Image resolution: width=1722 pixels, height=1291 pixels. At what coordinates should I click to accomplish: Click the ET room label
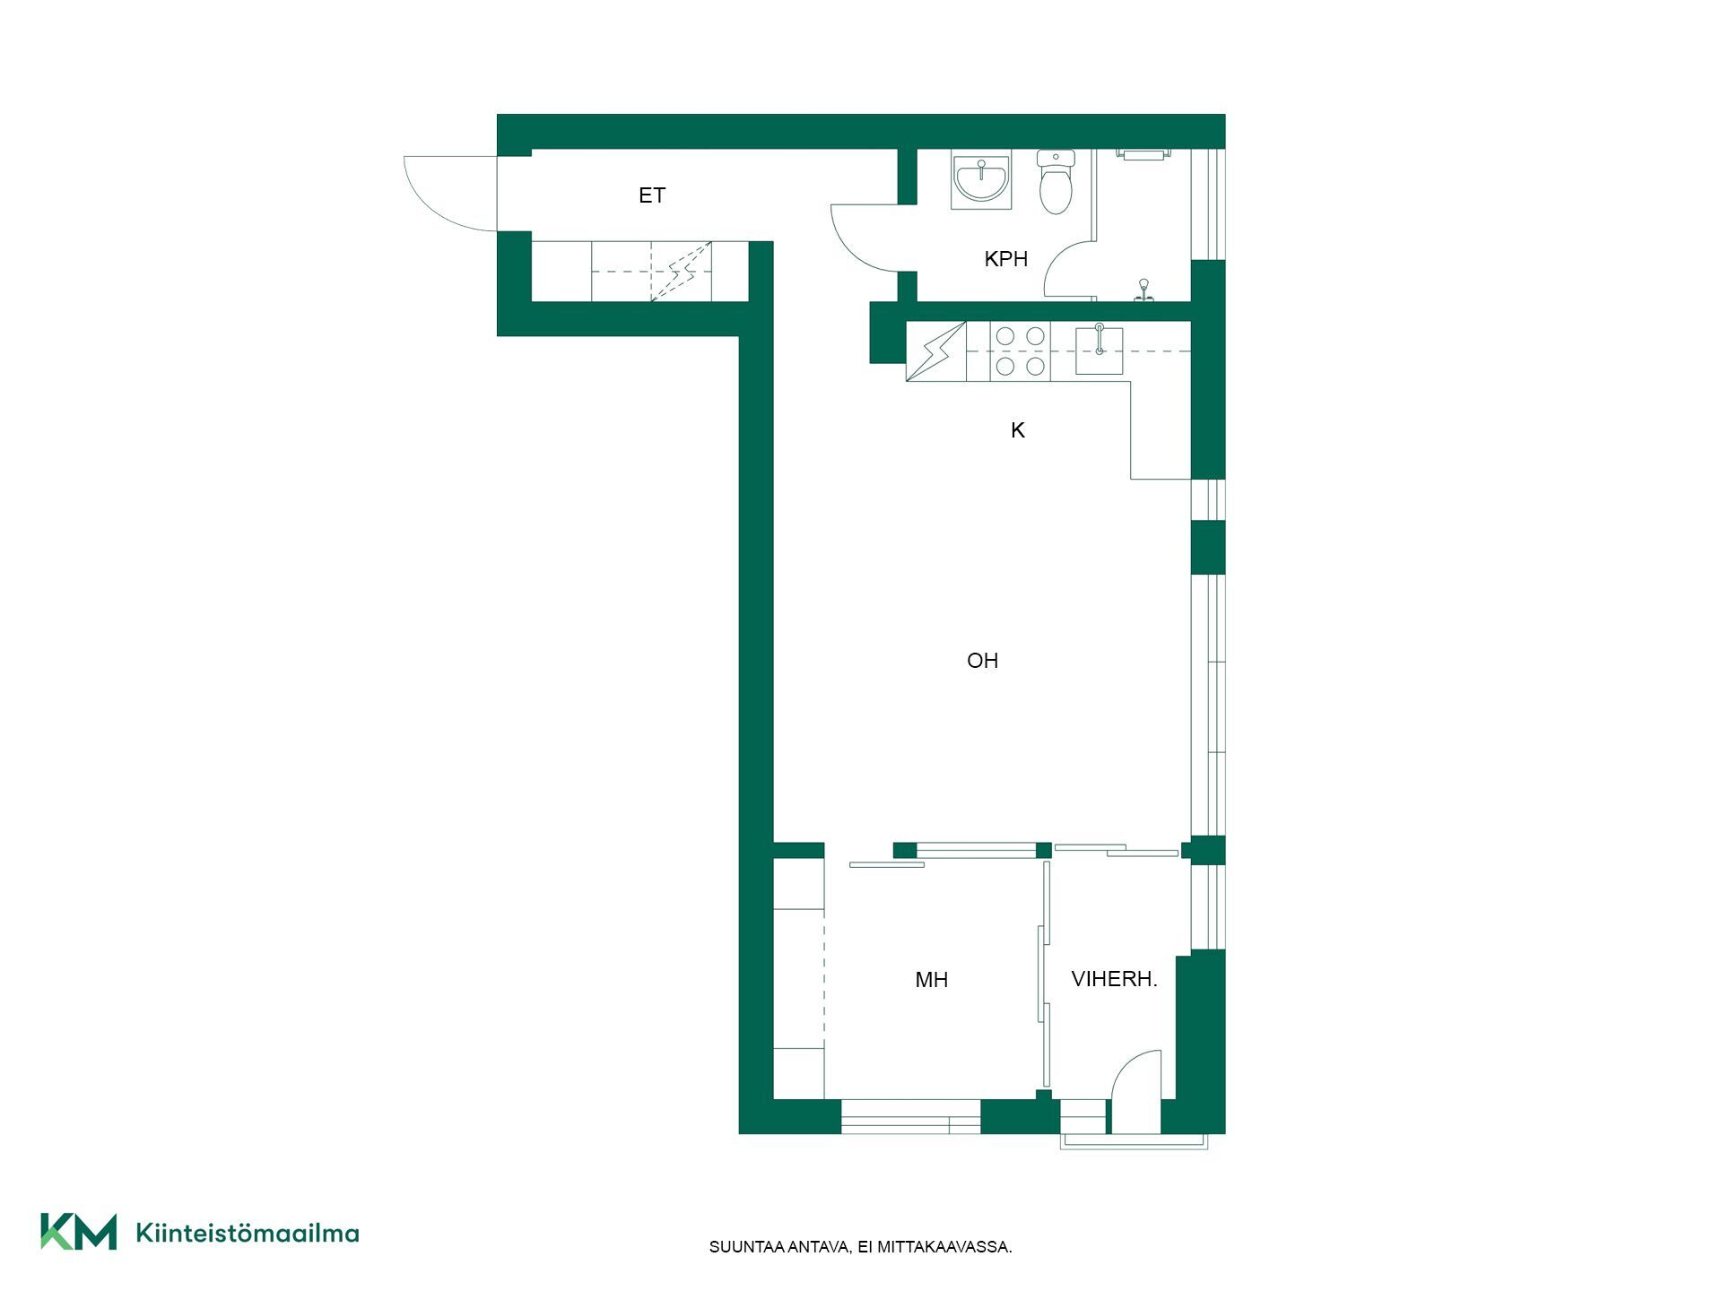652,195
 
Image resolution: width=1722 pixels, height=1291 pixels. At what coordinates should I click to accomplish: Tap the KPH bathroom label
1005,259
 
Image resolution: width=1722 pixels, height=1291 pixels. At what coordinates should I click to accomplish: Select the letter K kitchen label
1017,430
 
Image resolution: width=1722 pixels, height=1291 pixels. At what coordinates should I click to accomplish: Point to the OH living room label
982,661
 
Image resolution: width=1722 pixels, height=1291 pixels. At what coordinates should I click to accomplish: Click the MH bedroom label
931,980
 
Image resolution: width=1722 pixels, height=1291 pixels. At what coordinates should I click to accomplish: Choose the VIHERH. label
1114,979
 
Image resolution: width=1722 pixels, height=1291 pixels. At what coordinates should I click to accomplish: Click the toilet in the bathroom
1056,182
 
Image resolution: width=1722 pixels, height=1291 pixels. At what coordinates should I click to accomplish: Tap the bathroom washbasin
981,179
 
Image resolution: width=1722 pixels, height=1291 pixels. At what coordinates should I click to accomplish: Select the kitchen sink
1099,350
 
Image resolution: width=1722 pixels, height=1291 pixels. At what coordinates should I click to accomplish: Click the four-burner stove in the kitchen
1020,351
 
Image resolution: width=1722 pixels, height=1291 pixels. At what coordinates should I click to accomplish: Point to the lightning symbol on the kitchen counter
936,351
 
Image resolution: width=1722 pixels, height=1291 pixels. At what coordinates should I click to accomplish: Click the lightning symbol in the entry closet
681,272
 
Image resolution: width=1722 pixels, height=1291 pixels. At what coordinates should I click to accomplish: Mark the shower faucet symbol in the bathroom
1144,289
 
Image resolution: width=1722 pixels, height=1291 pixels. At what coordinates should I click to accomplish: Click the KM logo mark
79,1231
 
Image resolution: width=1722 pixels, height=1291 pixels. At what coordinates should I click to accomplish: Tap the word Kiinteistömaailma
248,1233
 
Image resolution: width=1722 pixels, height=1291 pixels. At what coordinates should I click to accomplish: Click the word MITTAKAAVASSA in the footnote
944,1247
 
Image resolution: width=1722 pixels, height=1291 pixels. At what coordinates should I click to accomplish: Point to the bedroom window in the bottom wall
910,1117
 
